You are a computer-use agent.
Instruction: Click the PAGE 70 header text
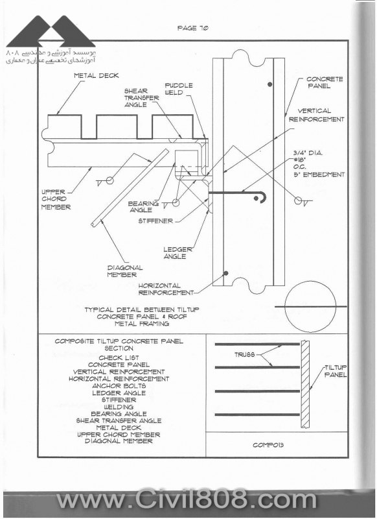tap(192, 28)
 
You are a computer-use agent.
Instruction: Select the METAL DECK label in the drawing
tap(96, 75)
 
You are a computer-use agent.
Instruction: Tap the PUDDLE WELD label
tap(178, 89)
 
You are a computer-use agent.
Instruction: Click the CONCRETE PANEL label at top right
tap(325, 82)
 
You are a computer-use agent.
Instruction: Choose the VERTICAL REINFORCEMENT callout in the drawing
tap(317, 115)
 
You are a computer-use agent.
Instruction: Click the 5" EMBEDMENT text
tap(319, 175)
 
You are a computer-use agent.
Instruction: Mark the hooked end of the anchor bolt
tap(264, 197)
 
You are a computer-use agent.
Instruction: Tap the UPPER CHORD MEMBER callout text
tap(56, 199)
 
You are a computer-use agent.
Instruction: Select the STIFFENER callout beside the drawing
tap(155, 221)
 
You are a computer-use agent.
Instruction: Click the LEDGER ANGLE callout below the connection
tap(177, 253)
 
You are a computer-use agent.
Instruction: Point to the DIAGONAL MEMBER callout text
tap(125, 271)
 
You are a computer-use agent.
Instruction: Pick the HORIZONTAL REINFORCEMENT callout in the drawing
tap(166, 289)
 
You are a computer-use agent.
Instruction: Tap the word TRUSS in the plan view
tap(244, 354)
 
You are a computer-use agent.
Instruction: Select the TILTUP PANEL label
tap(336, 371)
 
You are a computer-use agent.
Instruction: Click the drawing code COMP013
tap(268, 445)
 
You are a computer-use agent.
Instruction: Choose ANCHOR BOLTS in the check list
tap(119, 385)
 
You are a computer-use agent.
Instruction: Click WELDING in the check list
tap(119, 407)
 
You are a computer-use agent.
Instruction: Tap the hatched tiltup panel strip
tap(305, 384)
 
